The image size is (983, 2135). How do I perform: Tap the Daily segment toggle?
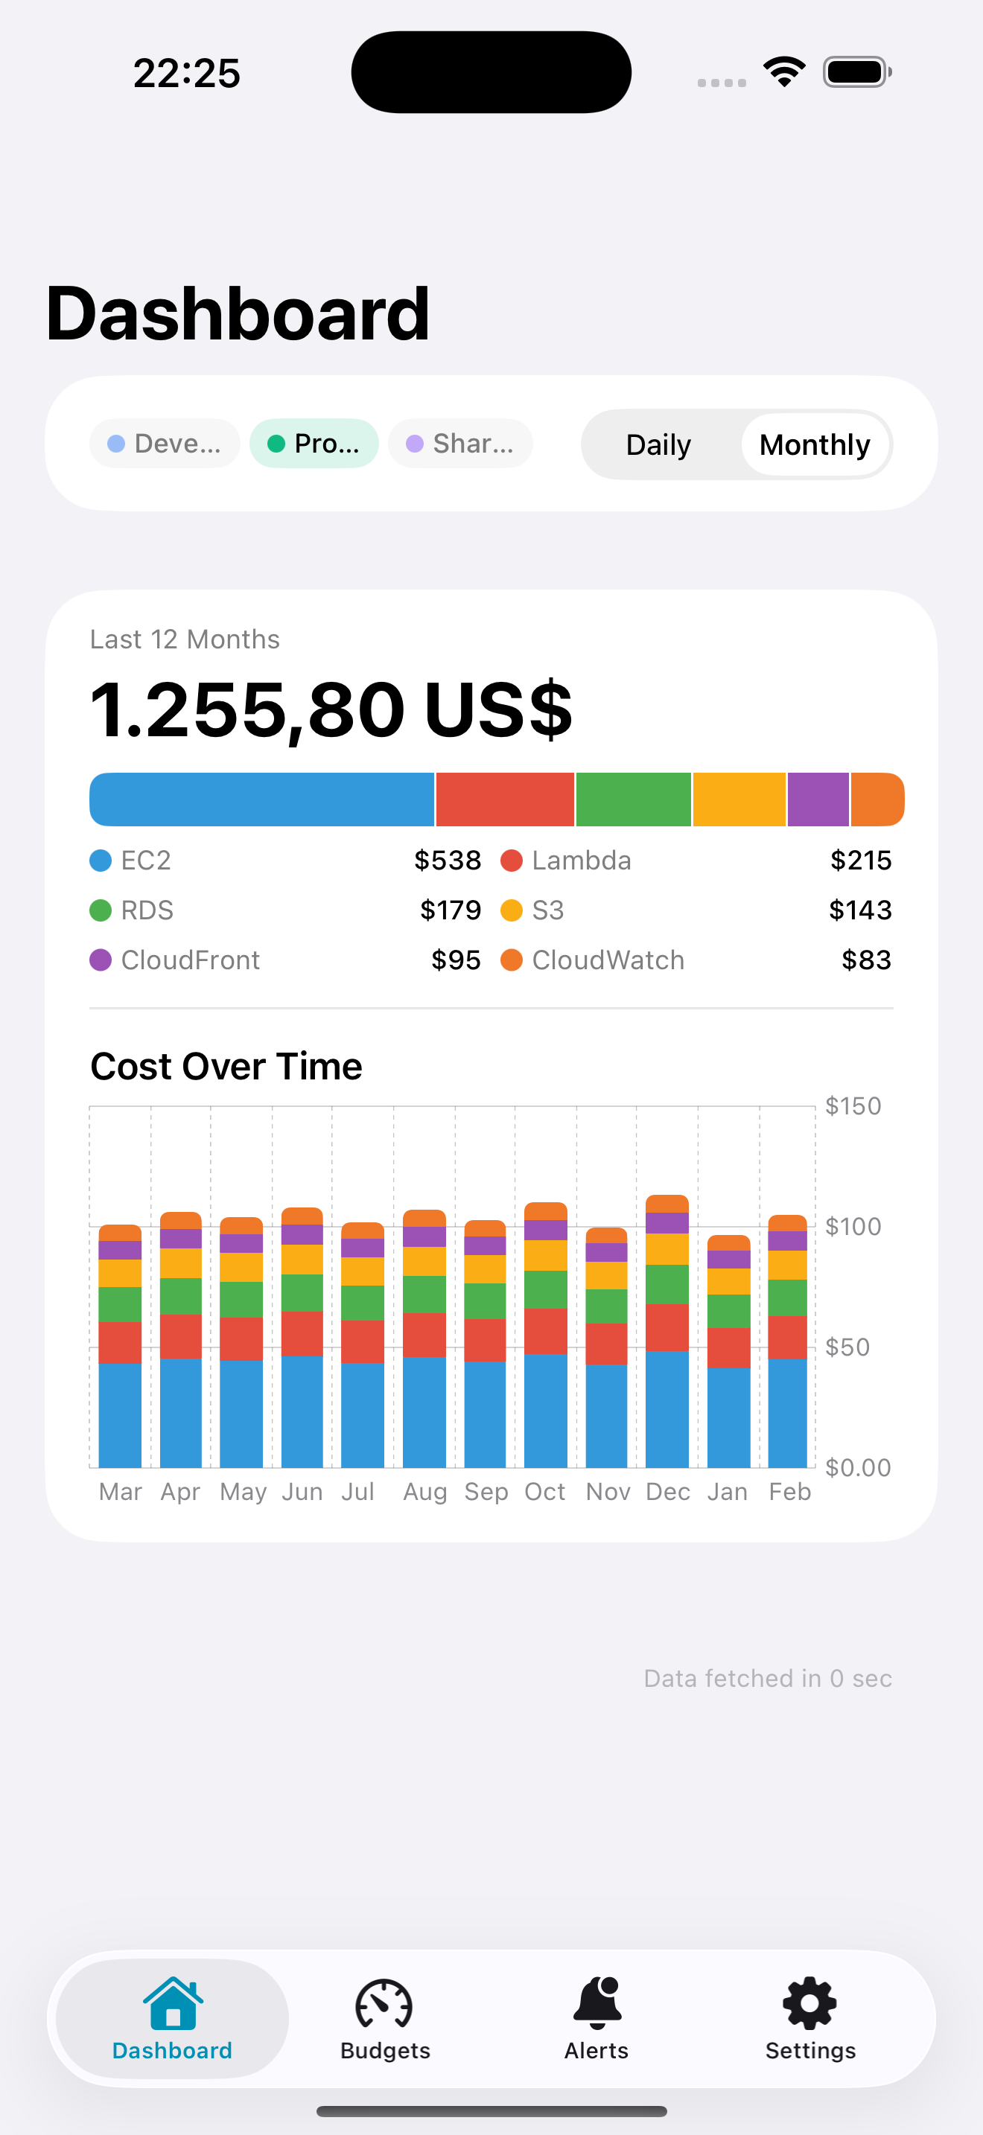click(658, 445)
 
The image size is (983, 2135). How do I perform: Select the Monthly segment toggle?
click(815, 445)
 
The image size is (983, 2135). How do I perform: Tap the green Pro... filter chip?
click(314, 444)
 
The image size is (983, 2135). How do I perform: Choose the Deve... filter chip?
click(165, 444)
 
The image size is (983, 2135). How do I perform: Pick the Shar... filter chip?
click(460, 444)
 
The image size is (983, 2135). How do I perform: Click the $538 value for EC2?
click(448, 861)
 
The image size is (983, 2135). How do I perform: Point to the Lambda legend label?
click(581, 861)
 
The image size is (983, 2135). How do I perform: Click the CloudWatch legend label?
click(608, 960)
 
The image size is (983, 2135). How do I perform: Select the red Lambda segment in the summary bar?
click(505, 800)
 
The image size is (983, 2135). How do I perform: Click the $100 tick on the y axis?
click(853, 1227)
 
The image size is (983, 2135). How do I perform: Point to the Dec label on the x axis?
click(667, 1492)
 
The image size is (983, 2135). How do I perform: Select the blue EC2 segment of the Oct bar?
click(545, 1409)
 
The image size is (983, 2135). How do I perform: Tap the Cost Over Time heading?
click(226, 1066)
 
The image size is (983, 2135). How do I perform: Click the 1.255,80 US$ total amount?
click(331, 709)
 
